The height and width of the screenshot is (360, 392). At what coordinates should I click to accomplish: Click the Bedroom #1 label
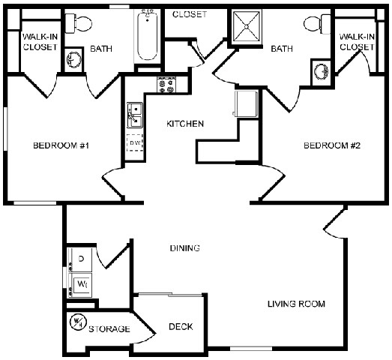point(61,145)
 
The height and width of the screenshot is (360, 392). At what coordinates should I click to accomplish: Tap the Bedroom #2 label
point(332,145)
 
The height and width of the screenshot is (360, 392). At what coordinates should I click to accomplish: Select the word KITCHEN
point(185,124)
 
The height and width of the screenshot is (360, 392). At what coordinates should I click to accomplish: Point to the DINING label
point(184,248)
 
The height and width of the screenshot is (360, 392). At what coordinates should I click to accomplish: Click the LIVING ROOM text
point(296,304)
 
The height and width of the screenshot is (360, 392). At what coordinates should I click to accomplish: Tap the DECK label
point(181,326)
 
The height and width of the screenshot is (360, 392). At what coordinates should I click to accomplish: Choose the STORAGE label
point(109,328)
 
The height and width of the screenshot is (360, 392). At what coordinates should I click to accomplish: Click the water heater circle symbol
point(78,322)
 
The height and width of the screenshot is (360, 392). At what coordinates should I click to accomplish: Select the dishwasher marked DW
point(135,142)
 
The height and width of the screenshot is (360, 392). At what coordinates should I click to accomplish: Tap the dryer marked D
point(80,259)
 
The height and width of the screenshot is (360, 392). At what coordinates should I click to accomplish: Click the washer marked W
point(80,285)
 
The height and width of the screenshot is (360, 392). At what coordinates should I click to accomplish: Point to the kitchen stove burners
point(166,85)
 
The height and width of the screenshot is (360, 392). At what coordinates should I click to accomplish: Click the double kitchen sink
point(135,115)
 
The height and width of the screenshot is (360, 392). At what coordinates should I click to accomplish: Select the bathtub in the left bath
point(148,36)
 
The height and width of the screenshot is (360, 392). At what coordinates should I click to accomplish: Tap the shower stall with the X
point(247,25)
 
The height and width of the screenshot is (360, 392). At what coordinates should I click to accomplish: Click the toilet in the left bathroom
point(79,23)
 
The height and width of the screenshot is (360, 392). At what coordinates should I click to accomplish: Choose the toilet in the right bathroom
point(317,24)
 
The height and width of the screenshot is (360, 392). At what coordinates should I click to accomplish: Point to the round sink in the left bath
point(73,59)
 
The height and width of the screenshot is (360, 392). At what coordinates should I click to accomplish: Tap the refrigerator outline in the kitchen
point(246,103)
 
